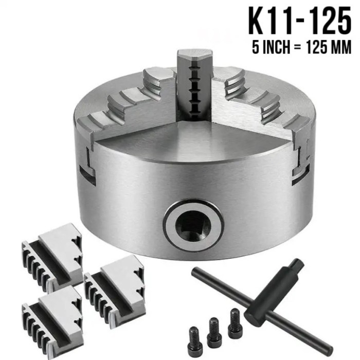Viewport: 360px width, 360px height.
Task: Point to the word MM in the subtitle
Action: point(343,48)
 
